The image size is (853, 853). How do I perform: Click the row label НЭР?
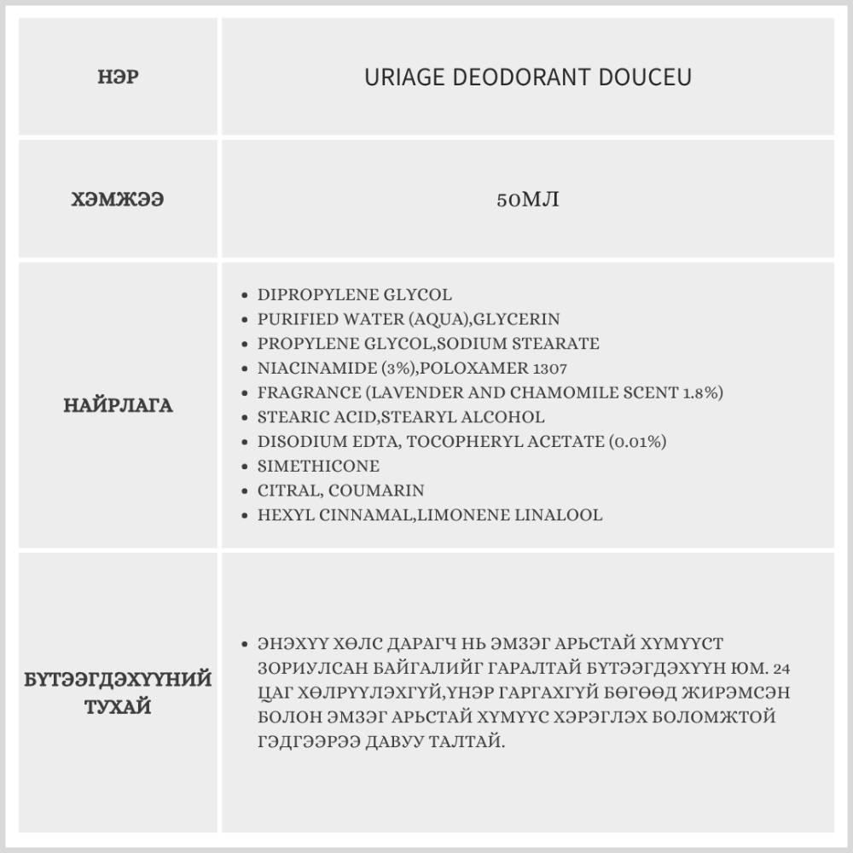click(x=119, y=78)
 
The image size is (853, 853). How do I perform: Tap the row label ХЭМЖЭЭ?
click(x=118, y=200)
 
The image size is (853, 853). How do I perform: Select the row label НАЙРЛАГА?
click(x=118, y=405)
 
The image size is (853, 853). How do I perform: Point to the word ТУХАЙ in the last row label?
click(x=118, y=706)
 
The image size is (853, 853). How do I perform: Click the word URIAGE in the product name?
click(x=399, y=78)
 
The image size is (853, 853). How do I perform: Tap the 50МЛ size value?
click(x=527, y=200)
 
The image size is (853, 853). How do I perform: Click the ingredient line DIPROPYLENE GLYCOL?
click(x=354, y=295)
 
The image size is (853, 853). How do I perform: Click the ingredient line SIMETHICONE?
click(x=318, y=467)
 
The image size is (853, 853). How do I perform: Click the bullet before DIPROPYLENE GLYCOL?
click(x=246, y=295)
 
